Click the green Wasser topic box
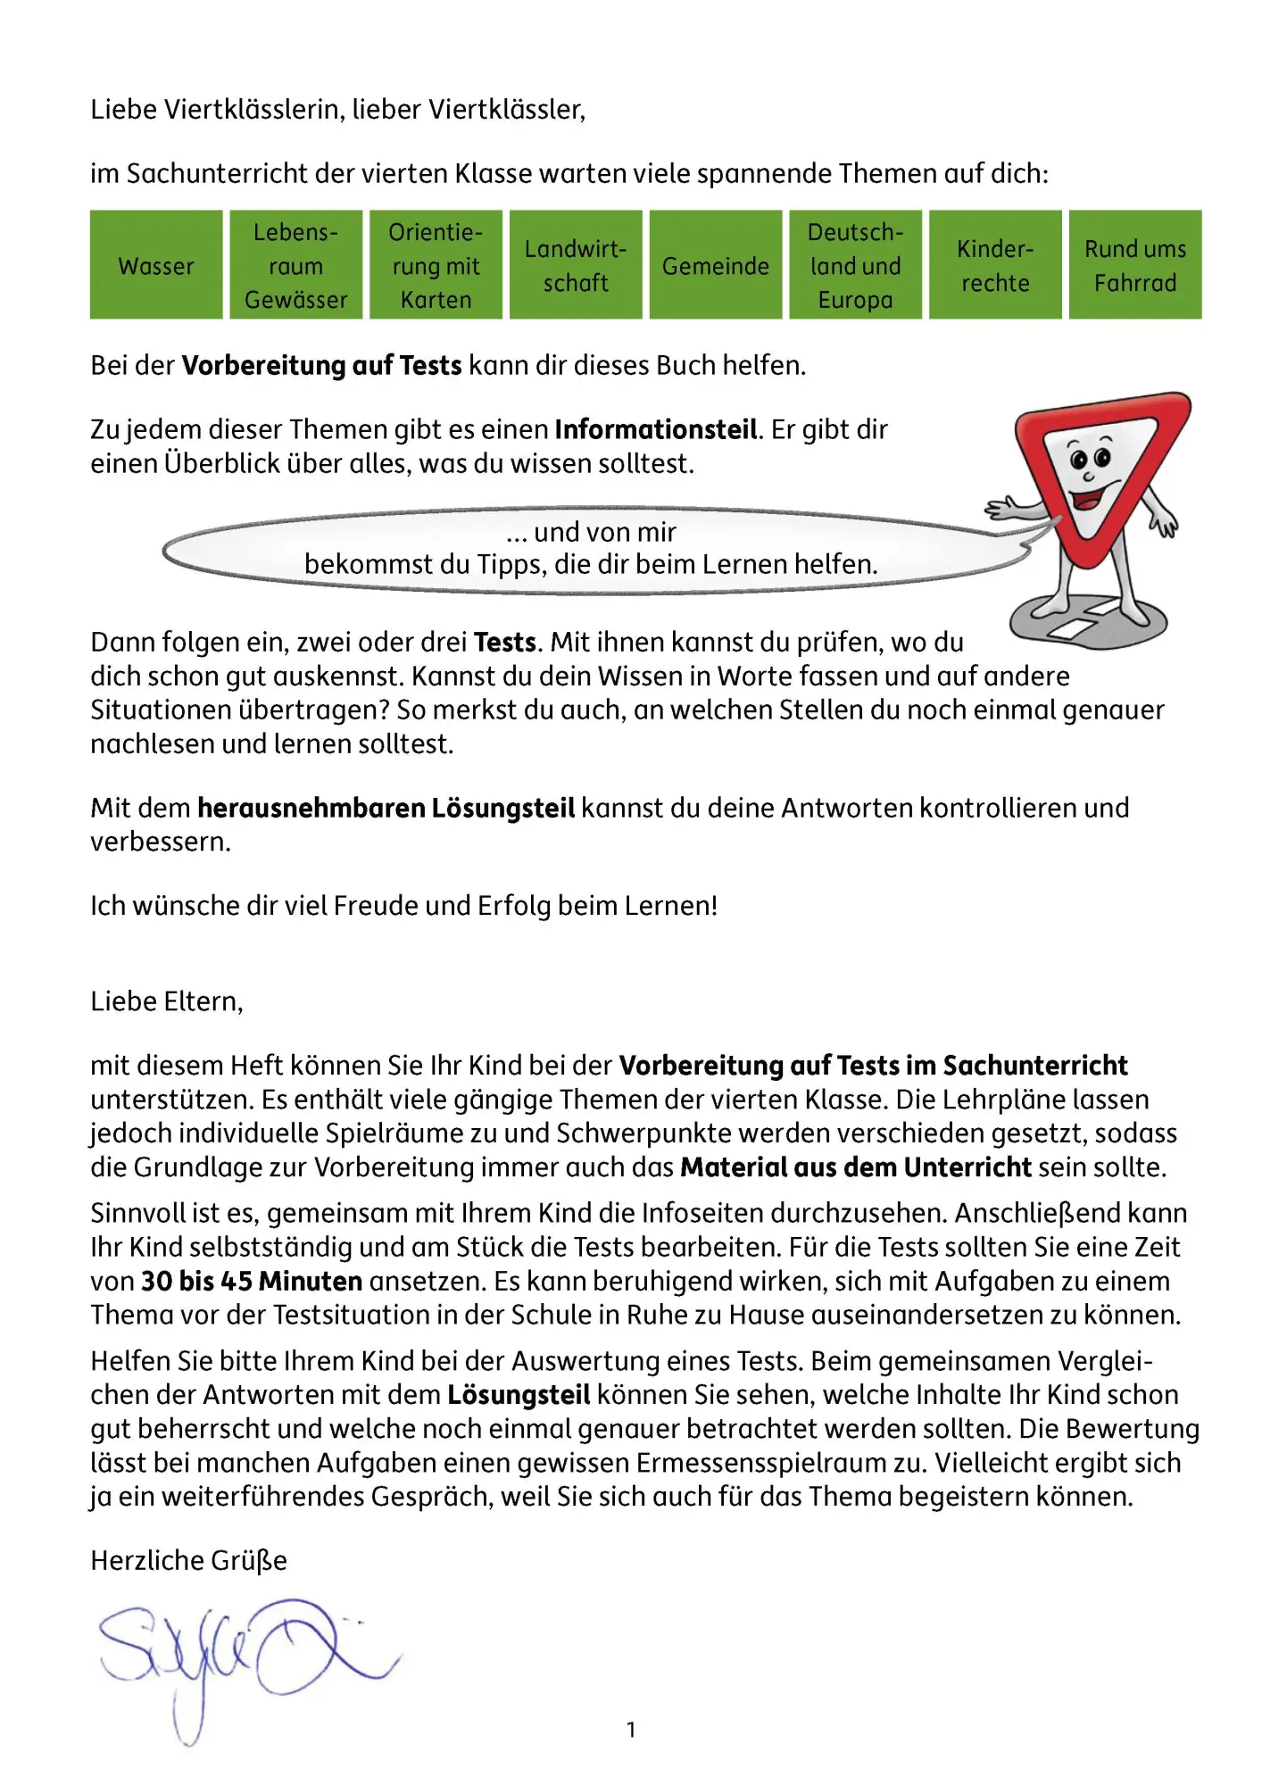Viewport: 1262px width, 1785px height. [x=156, y=265]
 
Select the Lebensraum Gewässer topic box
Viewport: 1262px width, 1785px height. [x=296, y=265]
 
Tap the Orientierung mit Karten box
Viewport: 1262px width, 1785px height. [x=436, y=265]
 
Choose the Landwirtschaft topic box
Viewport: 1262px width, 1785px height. [x=576, y=265]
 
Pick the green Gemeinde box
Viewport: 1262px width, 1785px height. [x=716, y=265]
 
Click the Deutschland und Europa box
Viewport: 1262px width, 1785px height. [x=855, y=265]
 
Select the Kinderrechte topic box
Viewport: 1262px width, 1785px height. [x=995, y=265]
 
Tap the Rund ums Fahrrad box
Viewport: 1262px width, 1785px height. [x=1135, y=265]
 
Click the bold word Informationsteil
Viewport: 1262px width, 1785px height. [x=656, y=429]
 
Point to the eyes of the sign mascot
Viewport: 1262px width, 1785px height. [x=1090, y=459]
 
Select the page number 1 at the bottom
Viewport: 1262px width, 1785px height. [x=631, y=1730]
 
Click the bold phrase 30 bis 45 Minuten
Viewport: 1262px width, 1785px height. [x=252, y=1281]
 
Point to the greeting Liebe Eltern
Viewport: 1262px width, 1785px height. [x=167, y=1001]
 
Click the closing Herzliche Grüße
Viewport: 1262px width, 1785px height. [x=188, y=1560]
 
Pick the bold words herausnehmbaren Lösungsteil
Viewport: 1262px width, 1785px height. [x=386, y=808]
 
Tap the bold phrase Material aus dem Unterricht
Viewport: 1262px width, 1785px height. [x=856, y=1166]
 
